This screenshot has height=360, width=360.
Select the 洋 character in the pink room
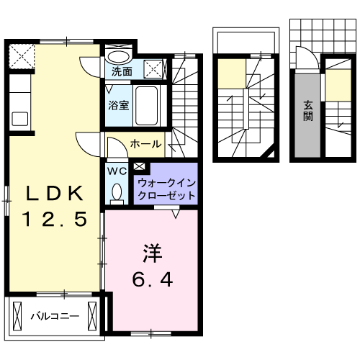153,253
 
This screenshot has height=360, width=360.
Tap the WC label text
116,171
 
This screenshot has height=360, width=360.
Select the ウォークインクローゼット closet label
166,189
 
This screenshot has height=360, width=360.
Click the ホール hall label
145,145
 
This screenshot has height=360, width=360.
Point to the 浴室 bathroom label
119,105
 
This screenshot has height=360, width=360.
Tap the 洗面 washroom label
122,72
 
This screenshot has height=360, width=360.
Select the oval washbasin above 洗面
119,55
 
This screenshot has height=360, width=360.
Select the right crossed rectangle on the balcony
91,315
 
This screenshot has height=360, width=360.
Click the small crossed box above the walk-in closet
138,168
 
